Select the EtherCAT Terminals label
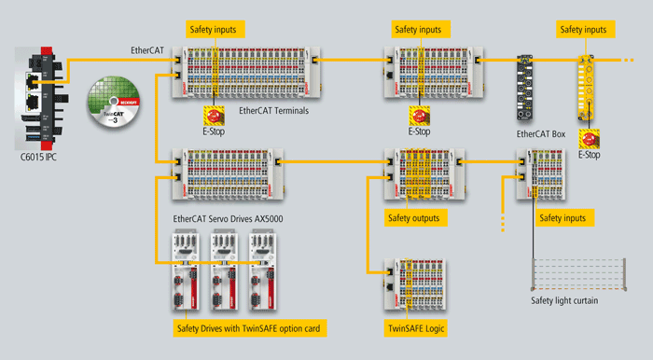click(x=273, y=111)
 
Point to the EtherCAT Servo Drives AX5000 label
click(x=228, y=219)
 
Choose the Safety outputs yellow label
click(x=411, y=217)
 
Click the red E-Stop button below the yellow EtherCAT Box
click(x=589, y=139)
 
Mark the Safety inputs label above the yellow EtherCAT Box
click(x=584, y=31)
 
